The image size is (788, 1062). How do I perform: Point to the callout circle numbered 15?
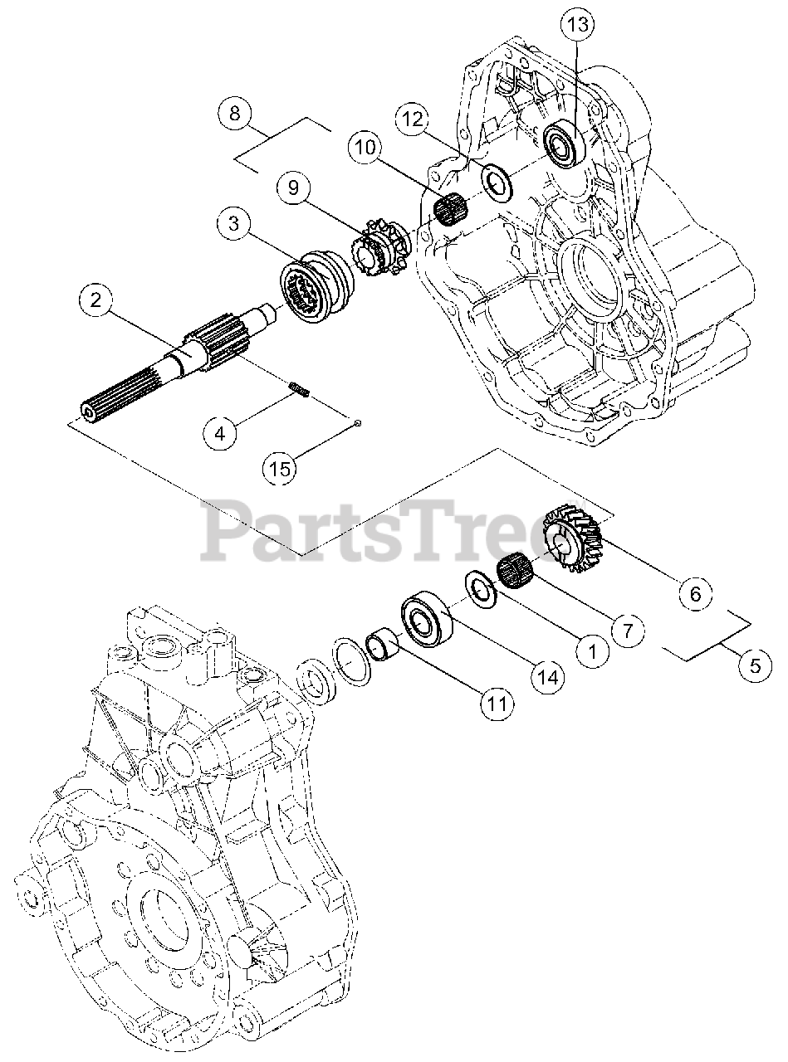point(281,469)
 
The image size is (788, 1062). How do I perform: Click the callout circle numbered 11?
point(496,703)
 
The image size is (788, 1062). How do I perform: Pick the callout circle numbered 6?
point(695,593)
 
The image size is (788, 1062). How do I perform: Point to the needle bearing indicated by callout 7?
point(515,572)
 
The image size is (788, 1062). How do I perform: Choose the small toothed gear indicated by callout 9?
point(375,247)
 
